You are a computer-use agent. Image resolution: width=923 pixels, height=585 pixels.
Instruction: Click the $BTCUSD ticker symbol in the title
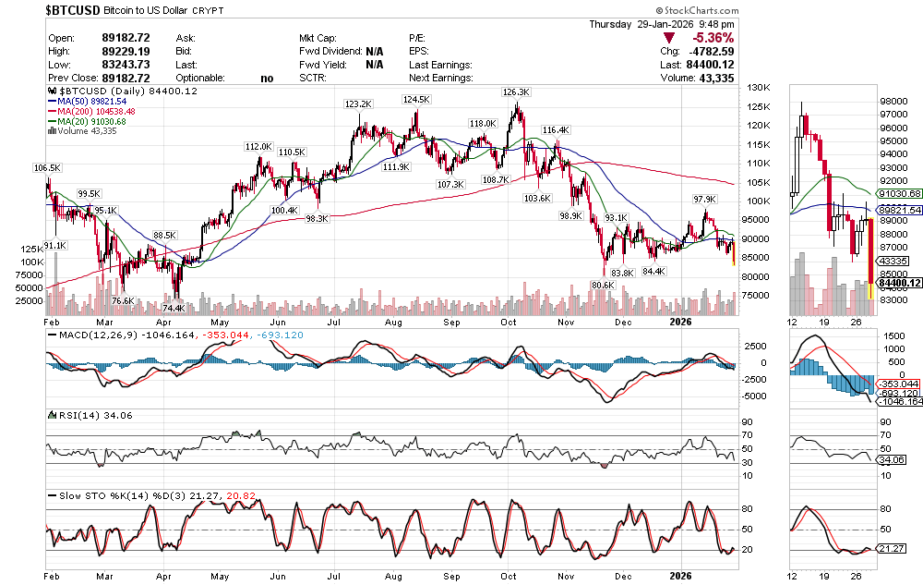(x=74, y=9)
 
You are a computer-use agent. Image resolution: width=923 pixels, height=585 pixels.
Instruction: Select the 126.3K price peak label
(x=515, y=92)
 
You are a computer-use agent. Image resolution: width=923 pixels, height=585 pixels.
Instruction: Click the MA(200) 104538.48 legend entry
(x=96, y=111)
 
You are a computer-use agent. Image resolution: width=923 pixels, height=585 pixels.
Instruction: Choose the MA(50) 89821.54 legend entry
(x=93, y=101)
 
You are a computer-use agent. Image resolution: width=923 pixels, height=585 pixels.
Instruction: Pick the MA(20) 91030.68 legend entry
(x=93, y=121)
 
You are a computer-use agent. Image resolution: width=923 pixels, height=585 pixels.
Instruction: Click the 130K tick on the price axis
(x=759, y=88)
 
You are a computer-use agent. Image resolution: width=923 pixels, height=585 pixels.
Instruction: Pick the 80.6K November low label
(x=602, y=286)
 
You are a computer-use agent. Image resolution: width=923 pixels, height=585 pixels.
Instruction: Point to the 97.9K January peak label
(x=704, y=200)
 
